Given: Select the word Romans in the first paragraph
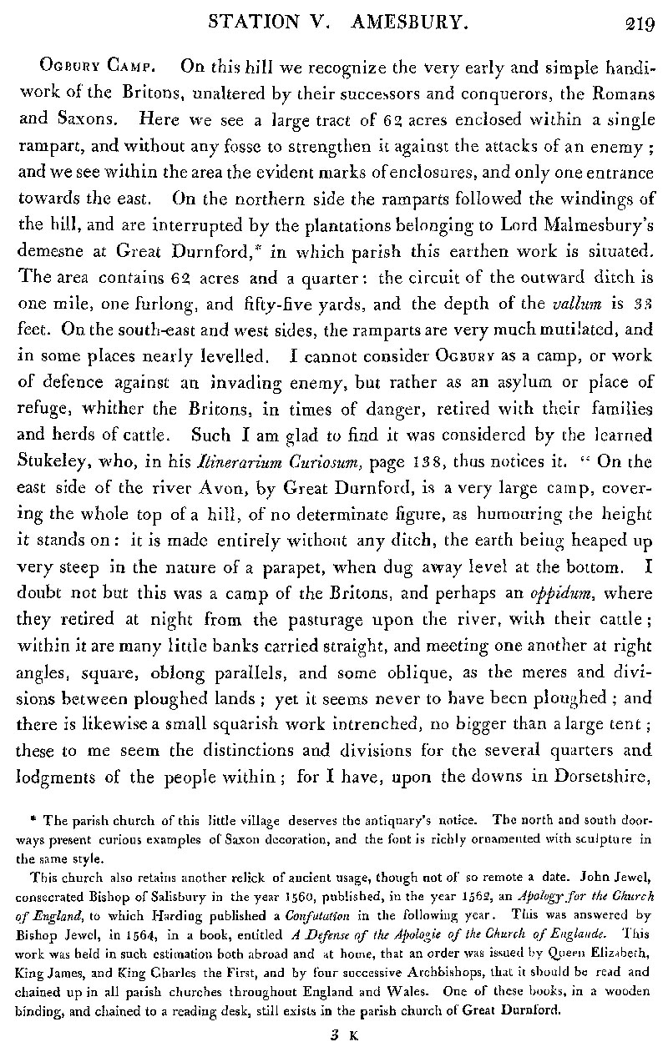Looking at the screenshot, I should click(x=618, y=93).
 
